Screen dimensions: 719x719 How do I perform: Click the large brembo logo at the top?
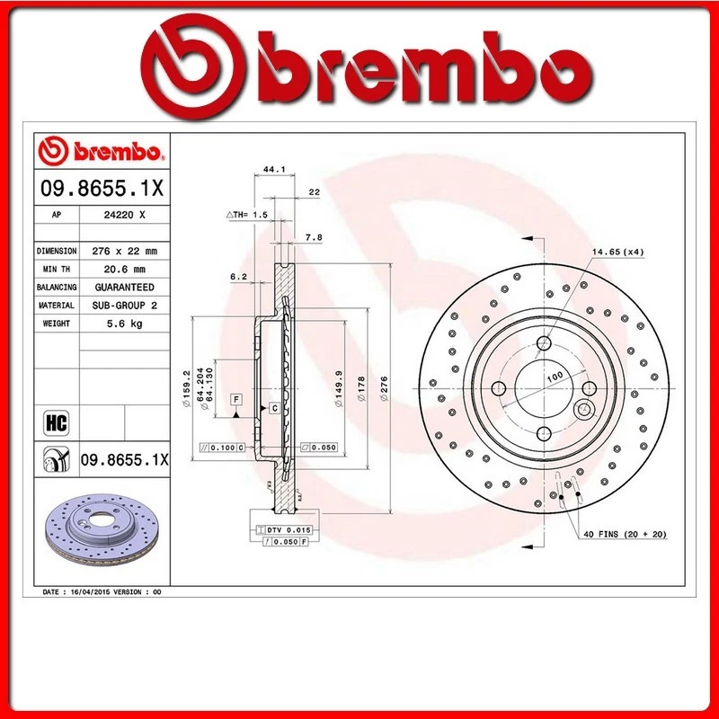pyautogui.click(x=359, y=67)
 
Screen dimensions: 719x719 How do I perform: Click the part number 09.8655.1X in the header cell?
pyautogui.click(x=101, y=191)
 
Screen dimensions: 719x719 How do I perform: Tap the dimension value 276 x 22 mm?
pyautogui.click(x=124, y=251)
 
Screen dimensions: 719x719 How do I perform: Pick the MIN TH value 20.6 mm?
pyautogui.click(x=124, y=269)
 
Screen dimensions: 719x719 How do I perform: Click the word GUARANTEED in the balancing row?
pyautogui.click(x=124, y=287)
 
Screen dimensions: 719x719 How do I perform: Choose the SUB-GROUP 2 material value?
pyautogui.click(x=124, y=306)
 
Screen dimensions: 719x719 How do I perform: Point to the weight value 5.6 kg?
pyautogui.click(x=124, y=324)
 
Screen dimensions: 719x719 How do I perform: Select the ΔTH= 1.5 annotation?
pyautogui.click(x=247, y=216)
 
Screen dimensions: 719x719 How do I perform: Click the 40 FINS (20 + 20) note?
pyautogui.click(x=624, y=535)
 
